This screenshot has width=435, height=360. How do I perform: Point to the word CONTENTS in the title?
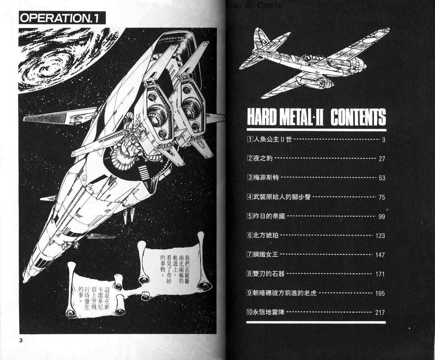pos(358,117)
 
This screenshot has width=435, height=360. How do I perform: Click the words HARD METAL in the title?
pos(280,117)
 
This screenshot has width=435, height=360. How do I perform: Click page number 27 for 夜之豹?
pos(381,159)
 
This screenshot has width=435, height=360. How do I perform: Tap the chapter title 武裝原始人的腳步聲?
pos(282,197)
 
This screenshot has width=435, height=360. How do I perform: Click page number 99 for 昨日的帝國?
pos(381,216)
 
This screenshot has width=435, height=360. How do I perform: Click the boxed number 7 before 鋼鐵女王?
pos(249,255)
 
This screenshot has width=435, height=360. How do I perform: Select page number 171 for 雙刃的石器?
pos(380,274)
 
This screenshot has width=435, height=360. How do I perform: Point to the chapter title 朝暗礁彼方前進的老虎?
pos(285,293)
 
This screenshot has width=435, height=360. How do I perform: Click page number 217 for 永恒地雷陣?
pos(380,312)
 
